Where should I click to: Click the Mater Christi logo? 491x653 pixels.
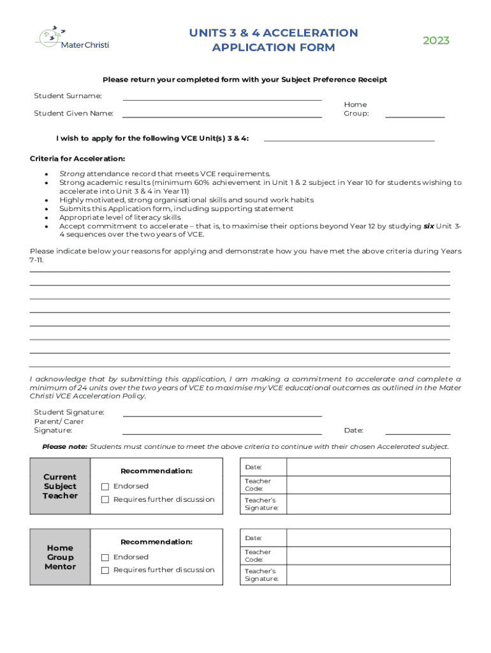click(64, 38)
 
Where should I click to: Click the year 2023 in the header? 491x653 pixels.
click(436, 41)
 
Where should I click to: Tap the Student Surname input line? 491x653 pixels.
click(222, 97)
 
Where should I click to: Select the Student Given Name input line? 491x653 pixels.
click(222, 114)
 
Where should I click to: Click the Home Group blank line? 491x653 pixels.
click(414, 114)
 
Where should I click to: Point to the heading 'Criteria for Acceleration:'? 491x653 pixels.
click(77, 158)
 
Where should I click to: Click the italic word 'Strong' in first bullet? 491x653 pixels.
click(72, 173)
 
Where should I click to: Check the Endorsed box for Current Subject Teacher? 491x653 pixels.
click(105, 487)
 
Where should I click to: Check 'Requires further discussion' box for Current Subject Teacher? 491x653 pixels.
click(105, 500)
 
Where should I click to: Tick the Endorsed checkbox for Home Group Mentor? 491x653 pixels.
click(105, 557)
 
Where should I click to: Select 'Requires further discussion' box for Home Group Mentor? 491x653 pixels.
click(105, 570)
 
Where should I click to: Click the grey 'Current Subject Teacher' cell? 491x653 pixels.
click(60, 486)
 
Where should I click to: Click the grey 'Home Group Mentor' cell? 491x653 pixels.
click(60, 557)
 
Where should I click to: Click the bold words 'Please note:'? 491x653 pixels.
click(64, 446)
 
